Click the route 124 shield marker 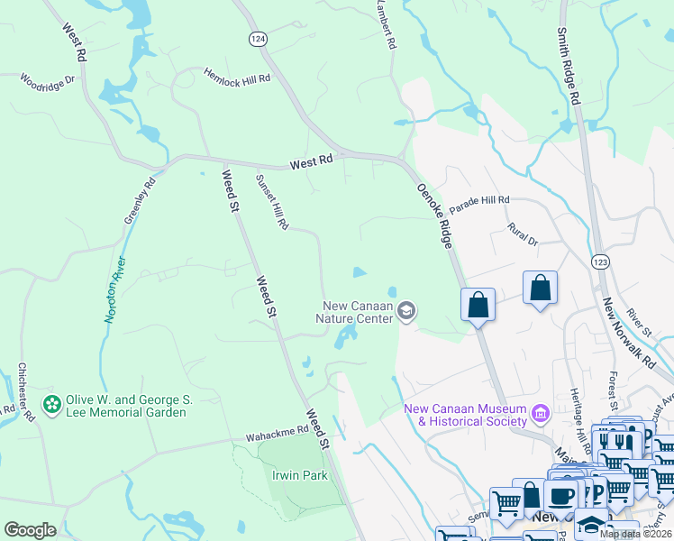click(x=259, y=40)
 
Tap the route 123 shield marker click(x=600, y=261)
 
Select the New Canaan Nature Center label click(x=354, y=312)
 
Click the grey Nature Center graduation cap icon click(x=406, y=311)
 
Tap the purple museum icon click(x=541, y=414)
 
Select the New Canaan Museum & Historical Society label click(x=466, y=415)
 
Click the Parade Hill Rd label click(x=480, y=200)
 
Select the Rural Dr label click(x=523, y=235)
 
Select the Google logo click(x=30, y=530)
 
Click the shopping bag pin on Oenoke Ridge click(x=478, y=304)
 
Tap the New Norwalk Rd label click(x=629, y=332)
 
